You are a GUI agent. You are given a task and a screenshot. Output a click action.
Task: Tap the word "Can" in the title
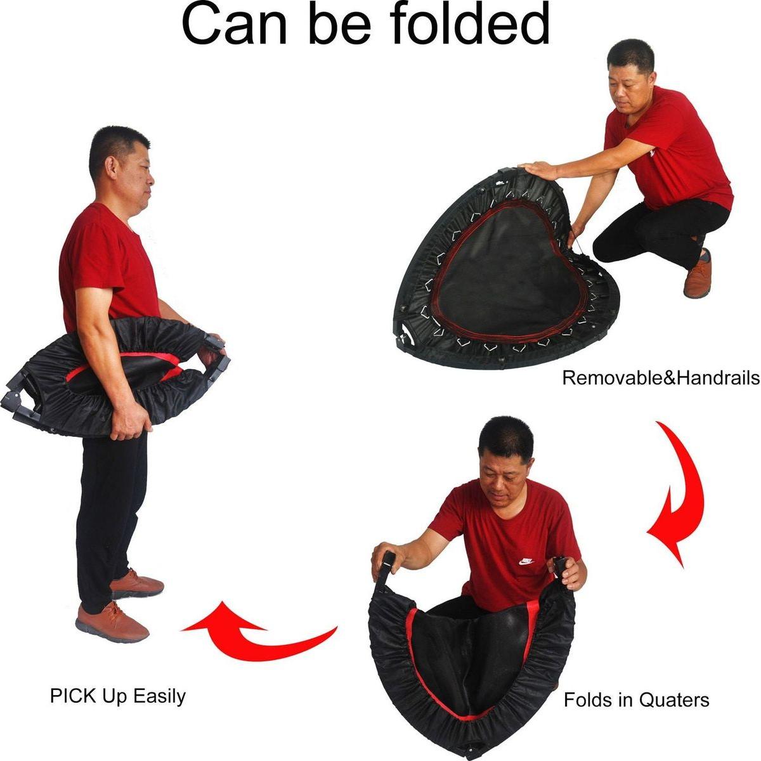(x=235, y=25)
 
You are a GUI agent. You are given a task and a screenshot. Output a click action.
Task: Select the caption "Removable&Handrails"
(x=661, y=378)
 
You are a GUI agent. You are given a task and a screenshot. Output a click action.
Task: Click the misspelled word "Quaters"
(x=674, y=699)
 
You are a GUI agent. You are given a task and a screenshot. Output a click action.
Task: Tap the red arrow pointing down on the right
(x=675, y=493)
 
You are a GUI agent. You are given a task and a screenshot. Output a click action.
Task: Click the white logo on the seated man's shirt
(x=526, y=561)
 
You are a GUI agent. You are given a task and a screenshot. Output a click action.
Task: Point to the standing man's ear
(x=111, y=167)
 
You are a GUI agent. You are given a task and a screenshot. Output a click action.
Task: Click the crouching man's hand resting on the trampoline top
(x=538, y=170)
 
